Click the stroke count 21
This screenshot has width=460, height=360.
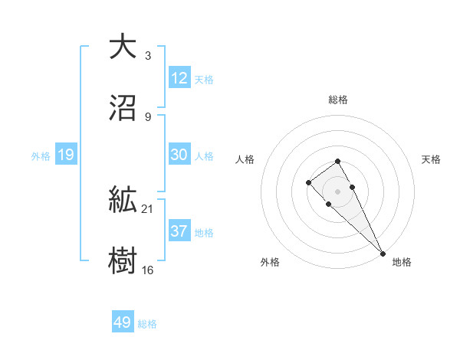click(x=149, y=208)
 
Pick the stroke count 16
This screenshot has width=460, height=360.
click(x=149, y=269)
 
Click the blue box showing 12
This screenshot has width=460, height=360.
click(x=179, y=78)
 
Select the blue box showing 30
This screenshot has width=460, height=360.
click(x=179, y=155)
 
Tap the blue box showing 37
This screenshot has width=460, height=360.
click(x=179, y=231)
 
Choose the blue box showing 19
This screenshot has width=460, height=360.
click(x=66, y=155)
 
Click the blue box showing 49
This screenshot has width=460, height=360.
click(x=123, y=322)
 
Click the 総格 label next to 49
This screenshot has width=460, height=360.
click(x=147, y=324)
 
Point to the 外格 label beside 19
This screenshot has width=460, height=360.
click(x=41, y=156)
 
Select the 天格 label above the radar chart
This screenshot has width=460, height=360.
click(x=431, y=159)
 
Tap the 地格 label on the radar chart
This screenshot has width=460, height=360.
click(x=402, y=262)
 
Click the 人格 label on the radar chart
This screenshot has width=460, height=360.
click(x=245, y=159)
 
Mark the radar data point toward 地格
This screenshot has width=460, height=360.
click(x=383, y=253)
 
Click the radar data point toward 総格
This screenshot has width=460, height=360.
click(x=337, y=161)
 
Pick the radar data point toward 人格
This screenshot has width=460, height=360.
click(x=308, y=182)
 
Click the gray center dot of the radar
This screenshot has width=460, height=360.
click(x=337, y=191)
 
